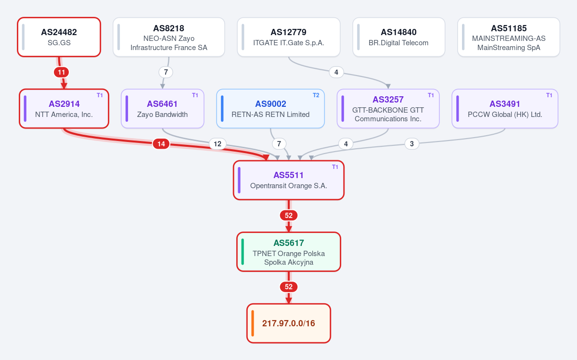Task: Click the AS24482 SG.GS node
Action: [59, 37]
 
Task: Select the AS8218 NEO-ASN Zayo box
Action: [169, 37]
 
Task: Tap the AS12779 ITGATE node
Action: [289, 37]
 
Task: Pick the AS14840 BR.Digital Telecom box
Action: [398, 37]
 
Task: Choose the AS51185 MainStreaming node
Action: [509, 37]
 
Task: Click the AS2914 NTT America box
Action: [64, 109]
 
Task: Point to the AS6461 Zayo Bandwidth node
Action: [162, 109]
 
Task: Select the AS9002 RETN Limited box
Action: [270, 109]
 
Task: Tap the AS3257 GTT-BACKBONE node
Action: [388, 109]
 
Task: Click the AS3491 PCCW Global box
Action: [505, 109]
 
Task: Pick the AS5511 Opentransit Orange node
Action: [289, 180]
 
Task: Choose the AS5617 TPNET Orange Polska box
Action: [289, 252]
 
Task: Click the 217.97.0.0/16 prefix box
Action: [289, 323]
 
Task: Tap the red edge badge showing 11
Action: [62, 72]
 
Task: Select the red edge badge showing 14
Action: [161, 144]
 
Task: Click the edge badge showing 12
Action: [218, 144]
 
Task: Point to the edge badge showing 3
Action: [412, 144]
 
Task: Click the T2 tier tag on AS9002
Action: [316, 95]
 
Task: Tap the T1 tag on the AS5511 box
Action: [335, 167]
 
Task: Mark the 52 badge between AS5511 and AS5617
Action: [289, 215]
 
